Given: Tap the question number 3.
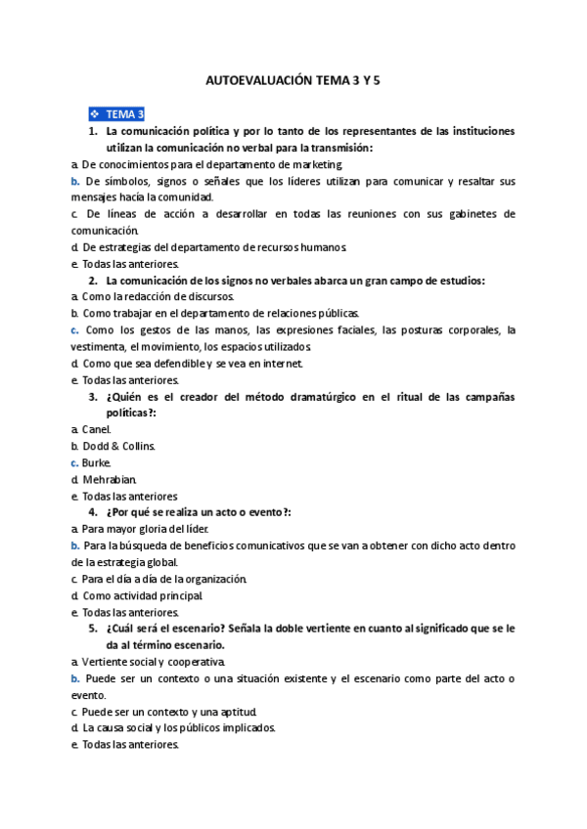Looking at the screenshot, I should click(x=92, y=396).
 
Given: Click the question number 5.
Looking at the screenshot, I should click(x=92, y=629).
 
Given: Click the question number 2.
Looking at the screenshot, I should click(x=92, y=281).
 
